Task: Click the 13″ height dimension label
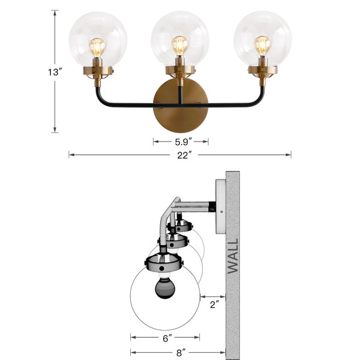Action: click(55, 73)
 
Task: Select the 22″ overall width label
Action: click(184, 155)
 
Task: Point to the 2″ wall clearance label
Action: click(214, 305)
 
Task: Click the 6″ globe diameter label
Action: click(167, 338)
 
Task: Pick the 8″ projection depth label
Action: click(181, 353)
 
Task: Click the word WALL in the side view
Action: click(233, 256)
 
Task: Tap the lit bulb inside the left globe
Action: click(97, 47)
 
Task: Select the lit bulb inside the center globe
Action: click(180, 45)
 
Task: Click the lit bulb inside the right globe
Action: click(262, 45)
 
